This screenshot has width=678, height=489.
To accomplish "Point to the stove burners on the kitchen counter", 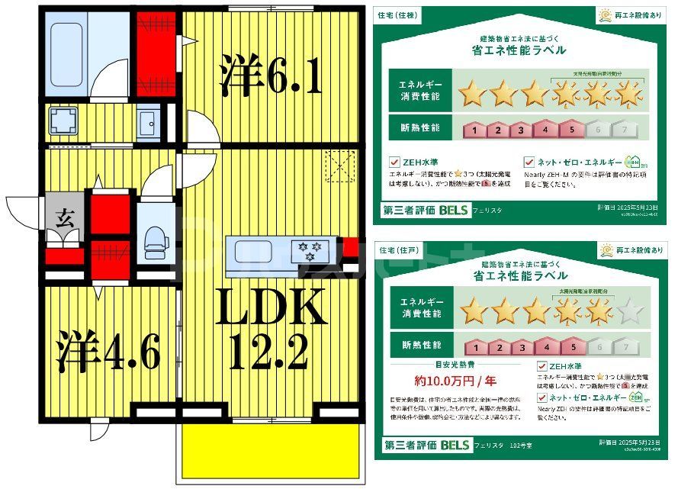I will (312, 249).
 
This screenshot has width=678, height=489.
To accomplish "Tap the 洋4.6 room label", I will (107, 352).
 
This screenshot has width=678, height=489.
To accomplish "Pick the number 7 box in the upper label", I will (625, 130).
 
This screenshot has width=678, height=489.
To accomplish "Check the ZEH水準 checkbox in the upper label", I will (394, 162).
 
